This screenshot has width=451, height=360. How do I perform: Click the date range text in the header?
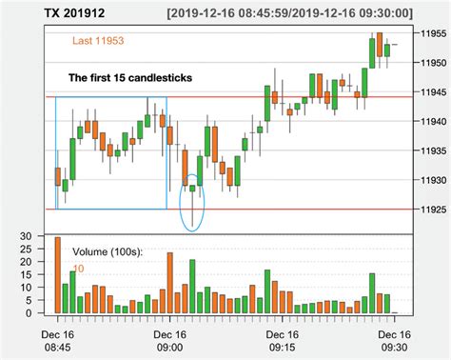tap(288, 13)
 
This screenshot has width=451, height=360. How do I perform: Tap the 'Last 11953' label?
tap(98, 42)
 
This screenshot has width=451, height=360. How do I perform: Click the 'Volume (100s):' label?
tap(108, 251)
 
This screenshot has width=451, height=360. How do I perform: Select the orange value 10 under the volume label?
tap(78, 269)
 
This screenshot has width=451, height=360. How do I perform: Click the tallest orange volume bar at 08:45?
tap(57, 275)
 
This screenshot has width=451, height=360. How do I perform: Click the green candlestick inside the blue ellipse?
tap(192, 189)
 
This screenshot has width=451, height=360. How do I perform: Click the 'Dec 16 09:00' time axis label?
tap(169, 341)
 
